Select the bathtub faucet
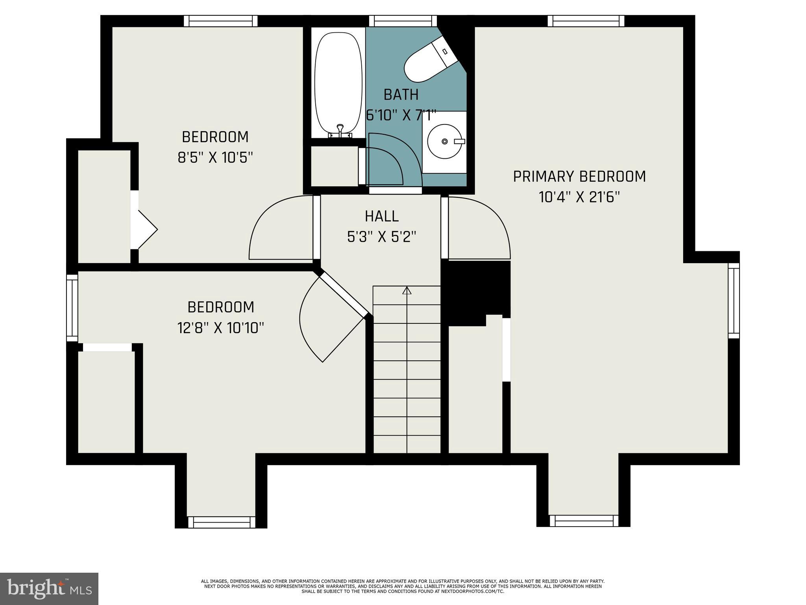tap(340, 130)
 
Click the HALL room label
tap(381, 216)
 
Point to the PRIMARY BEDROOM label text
tap(579, 176)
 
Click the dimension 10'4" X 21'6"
tap(579, 197)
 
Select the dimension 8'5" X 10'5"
tap(215, 158)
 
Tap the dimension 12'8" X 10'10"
tap(220, 328)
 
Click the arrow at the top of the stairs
tap(407, 291)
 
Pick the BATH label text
tap(401, 95)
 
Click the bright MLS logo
tap(49, 588)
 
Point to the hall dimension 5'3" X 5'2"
tap(381, 237)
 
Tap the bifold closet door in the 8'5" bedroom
tap(146, 230)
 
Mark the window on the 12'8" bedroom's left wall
tap(72, 308)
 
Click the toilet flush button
tap(445, 52)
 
